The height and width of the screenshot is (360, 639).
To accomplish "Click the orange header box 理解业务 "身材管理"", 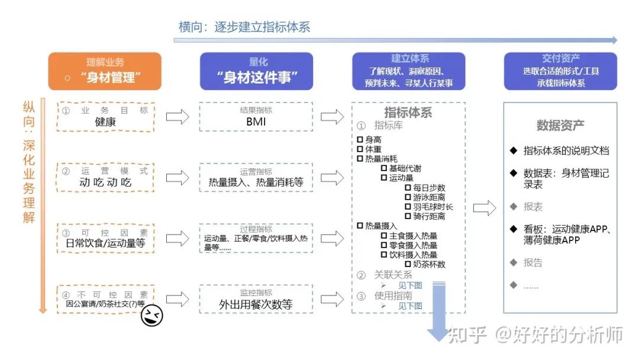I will (105, 71).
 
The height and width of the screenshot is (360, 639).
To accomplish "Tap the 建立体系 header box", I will (409, 71).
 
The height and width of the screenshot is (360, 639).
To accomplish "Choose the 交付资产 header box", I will (560, 71).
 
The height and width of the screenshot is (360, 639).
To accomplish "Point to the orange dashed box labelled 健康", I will (106, 117).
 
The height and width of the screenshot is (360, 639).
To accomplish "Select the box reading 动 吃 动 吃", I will (106, 177).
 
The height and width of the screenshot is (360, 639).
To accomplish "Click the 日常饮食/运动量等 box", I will (106, 237).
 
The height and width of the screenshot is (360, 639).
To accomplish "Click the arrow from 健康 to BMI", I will (177, 117).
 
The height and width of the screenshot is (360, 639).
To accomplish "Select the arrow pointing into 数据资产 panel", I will (485, 208).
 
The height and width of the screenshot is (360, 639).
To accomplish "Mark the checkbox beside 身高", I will (360, 140).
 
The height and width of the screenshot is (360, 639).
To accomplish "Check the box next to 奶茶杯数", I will (408, 264).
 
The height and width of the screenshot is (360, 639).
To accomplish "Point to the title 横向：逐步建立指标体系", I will (244, 27).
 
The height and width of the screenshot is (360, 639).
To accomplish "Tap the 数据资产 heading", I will (560, 126).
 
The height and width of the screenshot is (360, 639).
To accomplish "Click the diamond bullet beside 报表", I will (513, 207).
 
